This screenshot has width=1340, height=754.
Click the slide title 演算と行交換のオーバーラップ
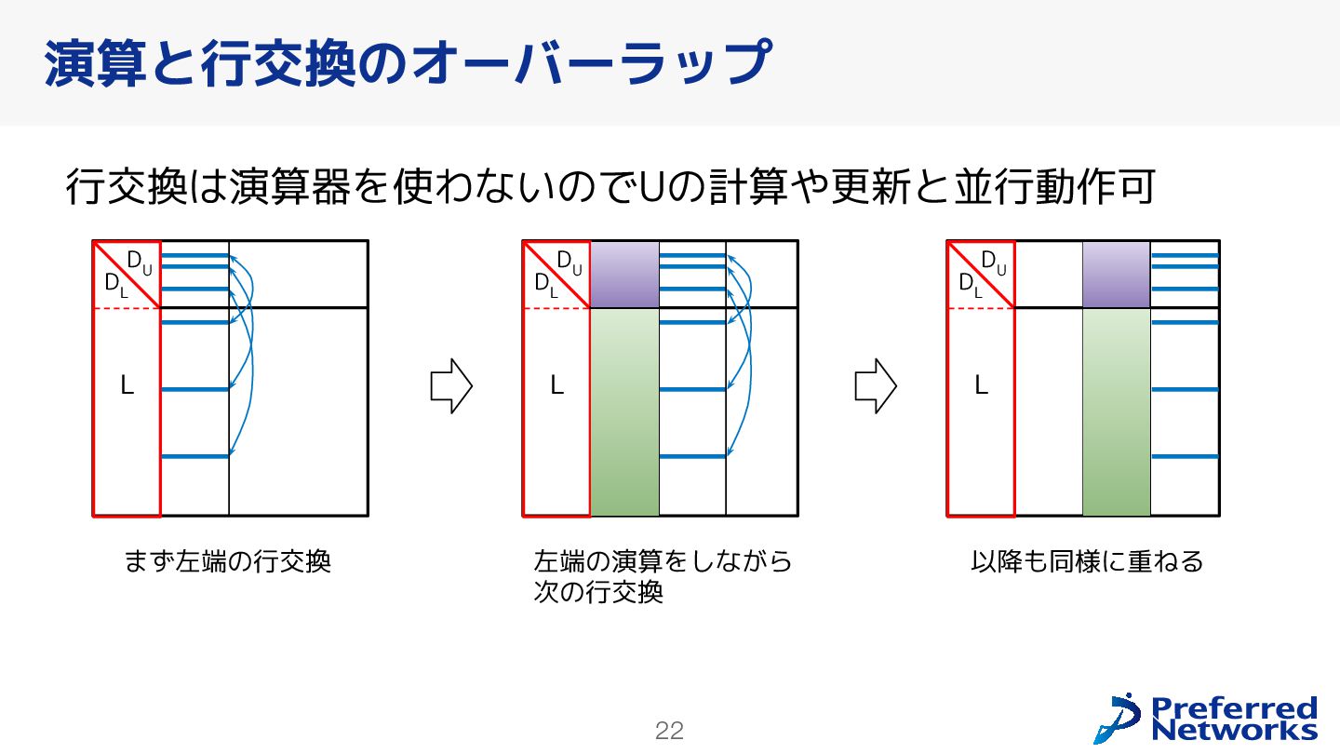tap(408, 63)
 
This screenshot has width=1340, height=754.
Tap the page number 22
tap(669, 732)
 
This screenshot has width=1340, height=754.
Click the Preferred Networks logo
tap(1206, 718)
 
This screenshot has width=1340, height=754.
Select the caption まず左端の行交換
tap(228, 562)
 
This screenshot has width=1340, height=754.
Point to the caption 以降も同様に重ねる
tap(1087, 562)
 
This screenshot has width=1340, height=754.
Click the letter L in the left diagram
tap(127, 385)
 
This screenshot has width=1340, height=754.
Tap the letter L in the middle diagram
tap(556, 385)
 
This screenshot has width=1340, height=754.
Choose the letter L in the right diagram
tap(981, 385)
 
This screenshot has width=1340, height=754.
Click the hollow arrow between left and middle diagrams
tap(451, 385)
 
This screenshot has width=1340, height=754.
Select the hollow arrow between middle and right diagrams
tap(876, 385)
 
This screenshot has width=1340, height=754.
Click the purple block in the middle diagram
tap(624, 275)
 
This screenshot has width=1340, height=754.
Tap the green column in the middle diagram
tap(624, 411)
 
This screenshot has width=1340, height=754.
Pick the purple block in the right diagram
tap(1117, 275)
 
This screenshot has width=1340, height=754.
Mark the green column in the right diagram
tap(1117, 411)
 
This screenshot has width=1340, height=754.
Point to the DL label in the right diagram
tap(971, 285)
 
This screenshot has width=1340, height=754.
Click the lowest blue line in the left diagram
tap(194, 456)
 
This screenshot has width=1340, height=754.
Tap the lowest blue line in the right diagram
tap(1185, 456)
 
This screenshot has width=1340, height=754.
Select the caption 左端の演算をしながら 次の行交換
tap(663, 577)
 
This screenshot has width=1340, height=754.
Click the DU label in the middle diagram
tap(569, 262)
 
